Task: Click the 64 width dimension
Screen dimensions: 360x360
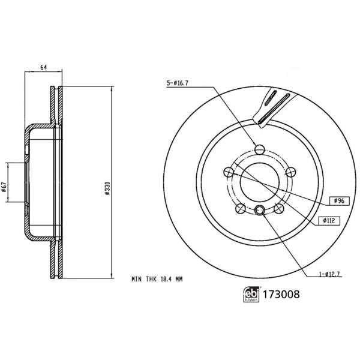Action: click(x=43, y=67)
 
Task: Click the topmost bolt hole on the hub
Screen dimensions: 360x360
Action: click(x=260, y=149)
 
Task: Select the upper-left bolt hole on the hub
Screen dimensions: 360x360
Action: click(x=228, y=173)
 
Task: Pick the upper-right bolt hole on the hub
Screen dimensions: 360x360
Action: click(x=292, y=173)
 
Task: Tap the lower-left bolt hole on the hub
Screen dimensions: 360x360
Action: click(x=240, y=209)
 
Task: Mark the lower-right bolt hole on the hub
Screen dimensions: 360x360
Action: click(x=280, y=209)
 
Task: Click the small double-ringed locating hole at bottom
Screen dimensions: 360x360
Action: click(x=260, y=209)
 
